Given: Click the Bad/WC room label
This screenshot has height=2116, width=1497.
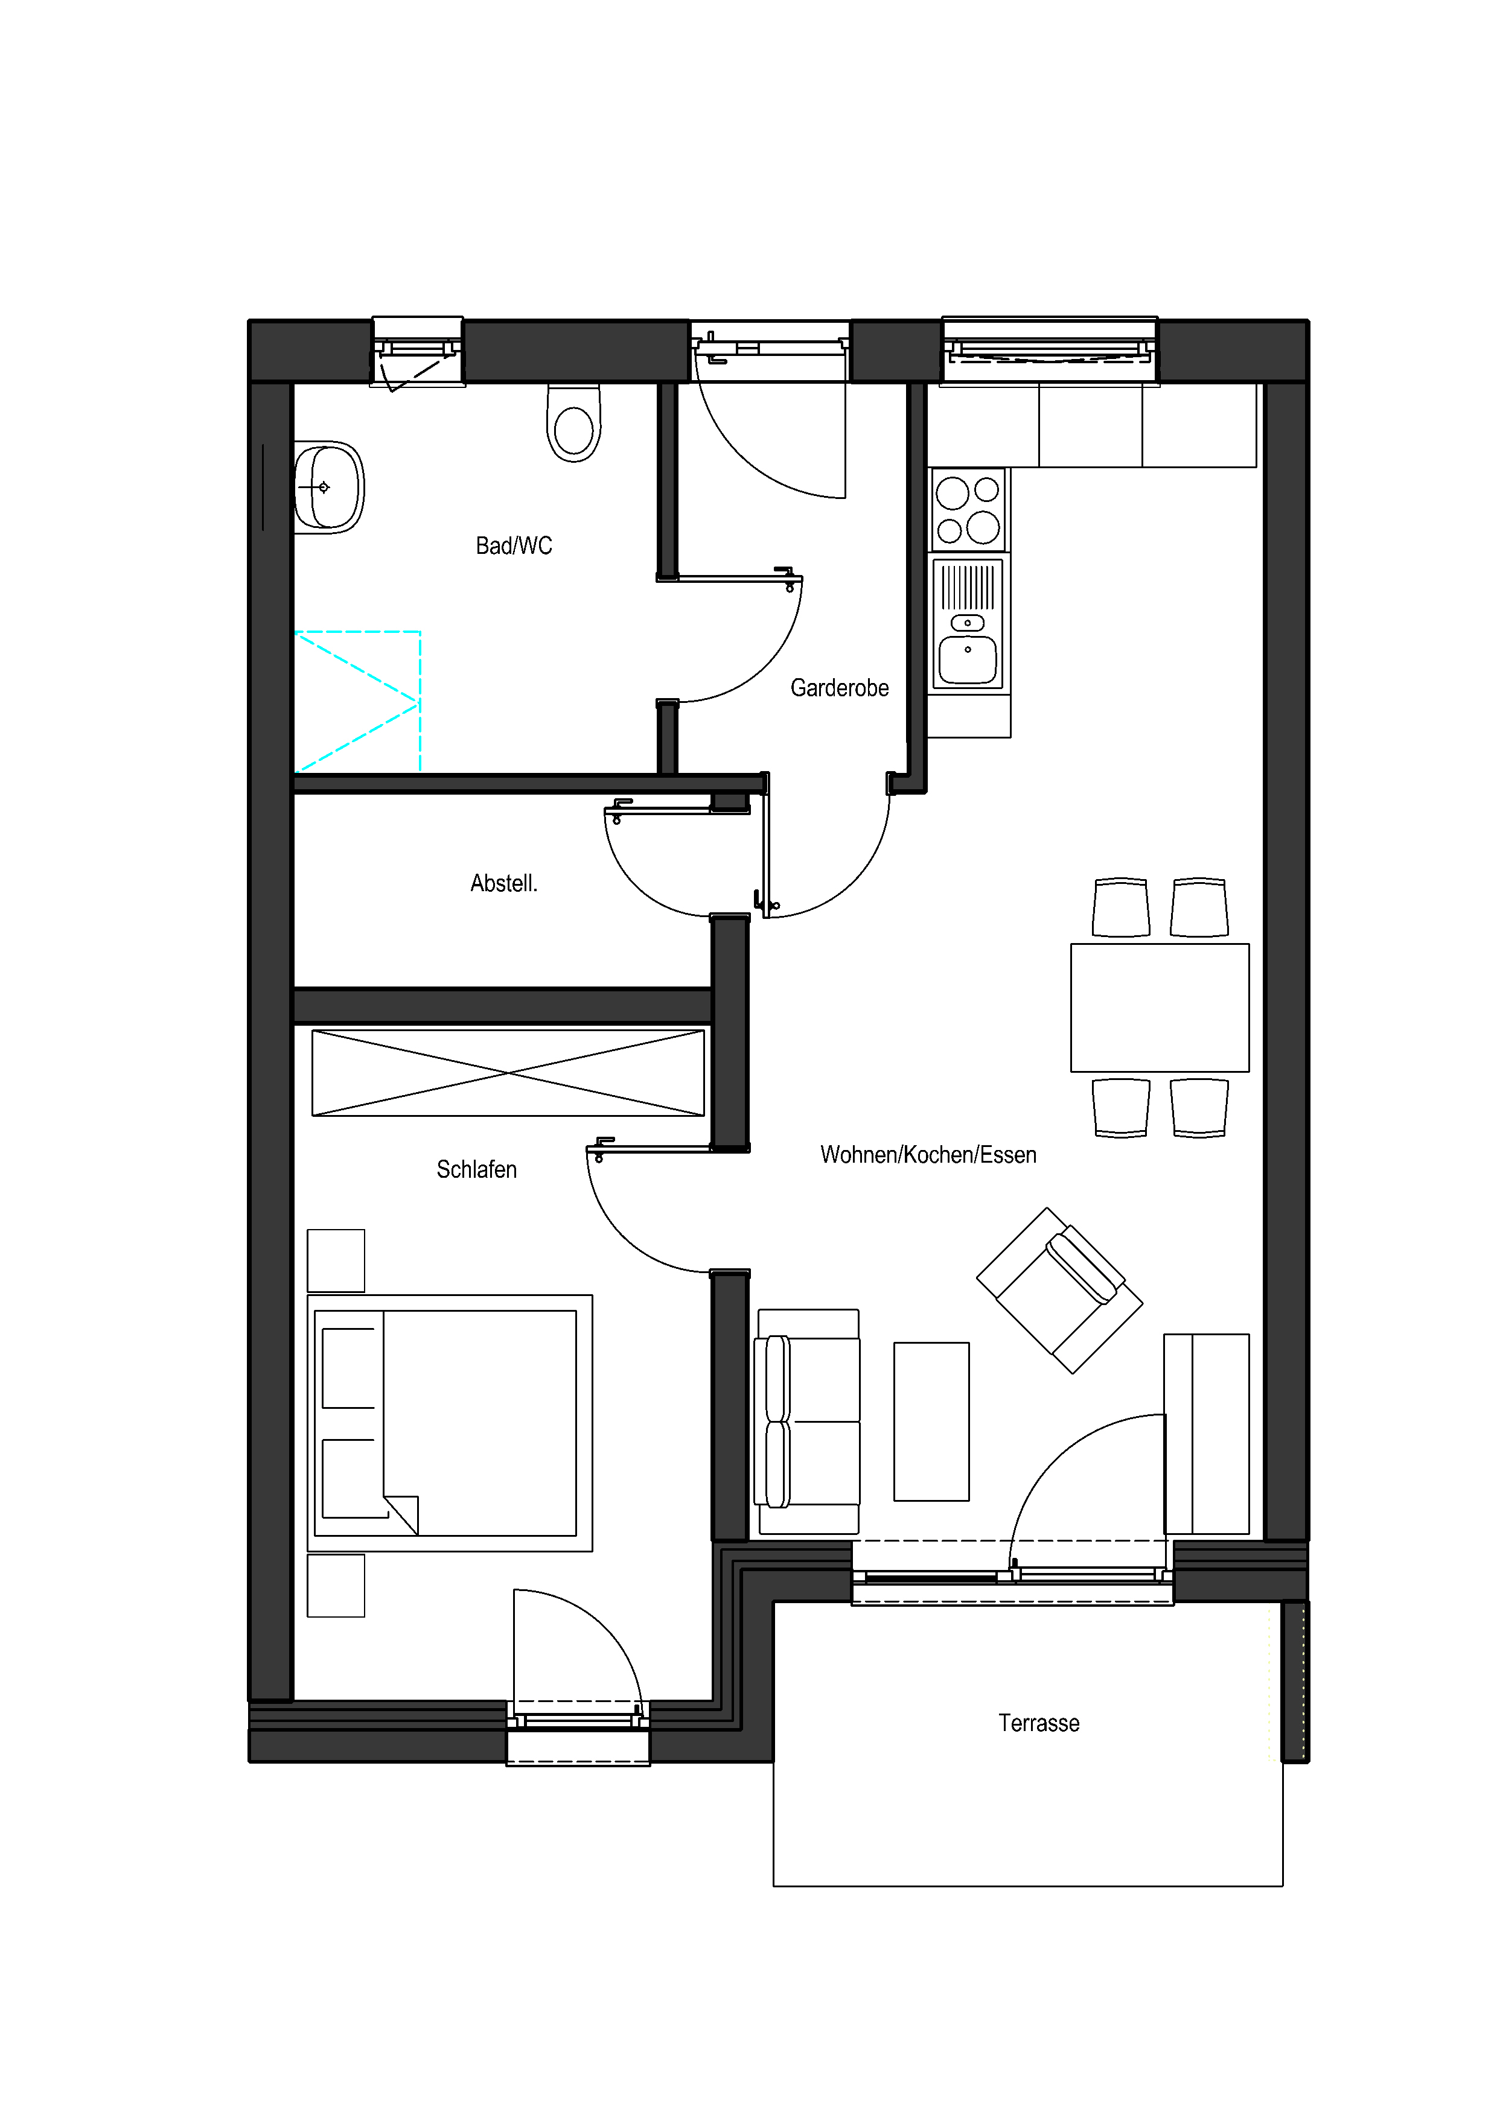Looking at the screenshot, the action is click(514, 545).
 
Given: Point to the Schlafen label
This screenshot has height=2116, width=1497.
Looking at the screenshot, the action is click(477, 1169).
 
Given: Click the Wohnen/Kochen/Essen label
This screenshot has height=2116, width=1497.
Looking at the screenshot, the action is click(928, 1155).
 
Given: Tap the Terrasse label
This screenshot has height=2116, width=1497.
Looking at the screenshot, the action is click(1039, 1723).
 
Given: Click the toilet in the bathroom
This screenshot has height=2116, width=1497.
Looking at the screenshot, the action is click(573, 422).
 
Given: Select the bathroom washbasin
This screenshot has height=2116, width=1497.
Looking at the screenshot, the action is click(329, 488).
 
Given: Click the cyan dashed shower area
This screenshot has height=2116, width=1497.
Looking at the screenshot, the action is click(358, 701).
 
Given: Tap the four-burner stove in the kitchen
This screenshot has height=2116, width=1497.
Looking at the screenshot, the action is click(968, 510).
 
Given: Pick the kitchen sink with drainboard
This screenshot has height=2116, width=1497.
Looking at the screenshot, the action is click(968, 624).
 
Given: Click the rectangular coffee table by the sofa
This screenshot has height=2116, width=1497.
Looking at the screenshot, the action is click(931, 1421).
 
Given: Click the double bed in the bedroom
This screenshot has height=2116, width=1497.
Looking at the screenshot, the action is click(450, 1423).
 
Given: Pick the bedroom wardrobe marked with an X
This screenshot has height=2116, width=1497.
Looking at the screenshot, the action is click(508, 1073).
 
